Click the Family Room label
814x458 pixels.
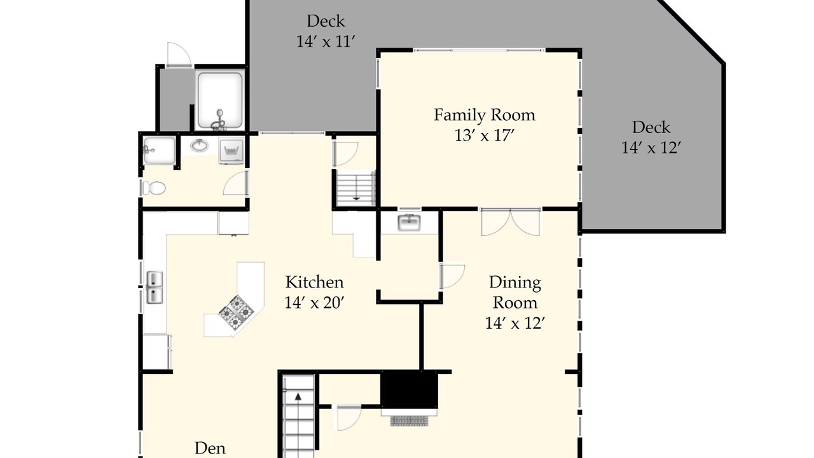click(x=485, y=115)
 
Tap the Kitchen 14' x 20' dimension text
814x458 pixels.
click(x=314, y=302)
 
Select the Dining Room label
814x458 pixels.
click(x=515, y=292)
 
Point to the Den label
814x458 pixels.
click(x=210, y=448)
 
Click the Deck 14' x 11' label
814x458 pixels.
click(x=325, y=31)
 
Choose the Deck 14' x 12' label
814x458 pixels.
click(x=651, y=137)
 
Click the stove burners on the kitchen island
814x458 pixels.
click(x=236, y=312)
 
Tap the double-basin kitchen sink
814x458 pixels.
click(x=155, y=287)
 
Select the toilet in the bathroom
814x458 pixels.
click(x=154, y=188)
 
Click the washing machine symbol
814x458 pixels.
click(x=231, y=151)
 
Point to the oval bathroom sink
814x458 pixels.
click(x=200, y=146)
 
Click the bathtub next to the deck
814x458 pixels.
click(x=220, y=101)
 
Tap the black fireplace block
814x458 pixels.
click(x=409, y=390)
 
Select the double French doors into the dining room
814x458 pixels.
click(x=511, y=222)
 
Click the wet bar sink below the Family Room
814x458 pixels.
click(x=409, y=223)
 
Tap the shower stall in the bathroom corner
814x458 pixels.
click(x=160, y=150)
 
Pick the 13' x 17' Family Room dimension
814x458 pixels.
click(x=485, y=136)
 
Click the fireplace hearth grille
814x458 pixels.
click(x=409, y=420)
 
